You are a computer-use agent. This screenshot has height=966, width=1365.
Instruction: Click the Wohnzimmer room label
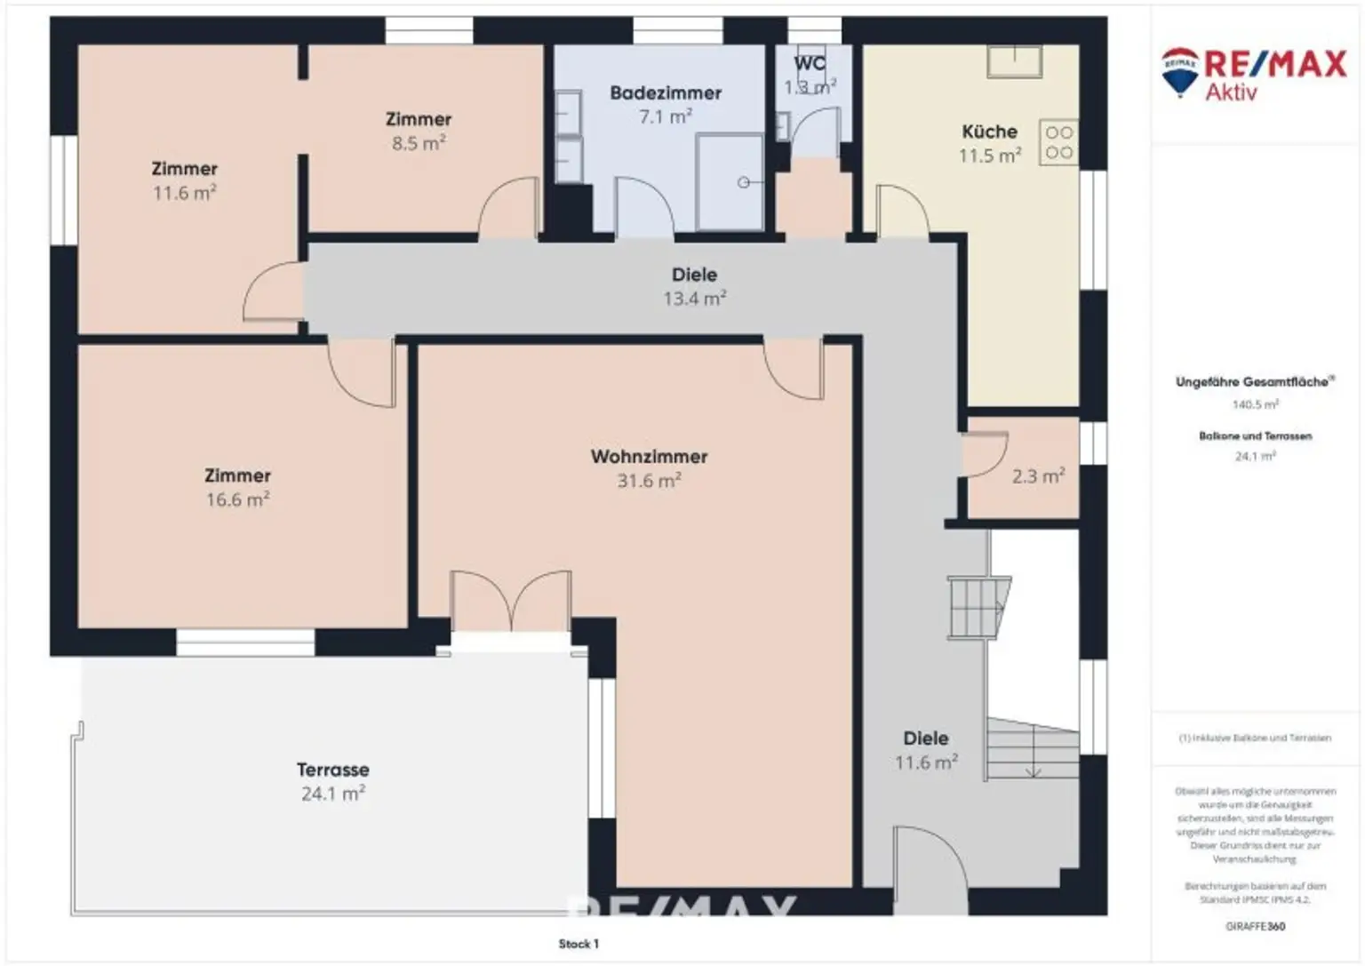pos(649,457)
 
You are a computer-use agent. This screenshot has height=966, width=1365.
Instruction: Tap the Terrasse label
pos(332,770)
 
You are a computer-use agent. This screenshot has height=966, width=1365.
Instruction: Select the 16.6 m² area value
pos(237,499)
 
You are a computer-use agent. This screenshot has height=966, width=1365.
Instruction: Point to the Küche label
pos(989,132)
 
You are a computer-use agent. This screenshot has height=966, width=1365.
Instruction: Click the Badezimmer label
pos(665,92)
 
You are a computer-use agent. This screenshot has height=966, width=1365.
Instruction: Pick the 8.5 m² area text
pos(419,143)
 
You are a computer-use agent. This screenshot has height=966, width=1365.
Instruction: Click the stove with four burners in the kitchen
pos(1058,142)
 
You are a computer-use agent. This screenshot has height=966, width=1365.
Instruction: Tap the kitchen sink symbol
pos(1014,61)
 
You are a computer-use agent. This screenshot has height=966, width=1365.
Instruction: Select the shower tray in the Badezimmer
pos(729,182)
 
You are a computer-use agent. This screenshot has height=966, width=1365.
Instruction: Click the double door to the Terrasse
pos(510,602)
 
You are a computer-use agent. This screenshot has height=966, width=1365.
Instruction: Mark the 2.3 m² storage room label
pos(1038,476)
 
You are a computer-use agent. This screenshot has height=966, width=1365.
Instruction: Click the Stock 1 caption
pos(579,944)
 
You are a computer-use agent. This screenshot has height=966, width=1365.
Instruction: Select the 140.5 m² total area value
pos(1255,404)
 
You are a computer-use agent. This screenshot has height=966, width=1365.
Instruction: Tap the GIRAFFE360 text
pos(1255,926)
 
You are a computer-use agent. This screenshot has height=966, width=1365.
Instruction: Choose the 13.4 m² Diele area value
pos(694,299)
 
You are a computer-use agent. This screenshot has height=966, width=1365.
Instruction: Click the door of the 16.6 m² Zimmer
pos(362,371)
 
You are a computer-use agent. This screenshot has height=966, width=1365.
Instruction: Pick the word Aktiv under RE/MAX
pos(1231,92)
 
